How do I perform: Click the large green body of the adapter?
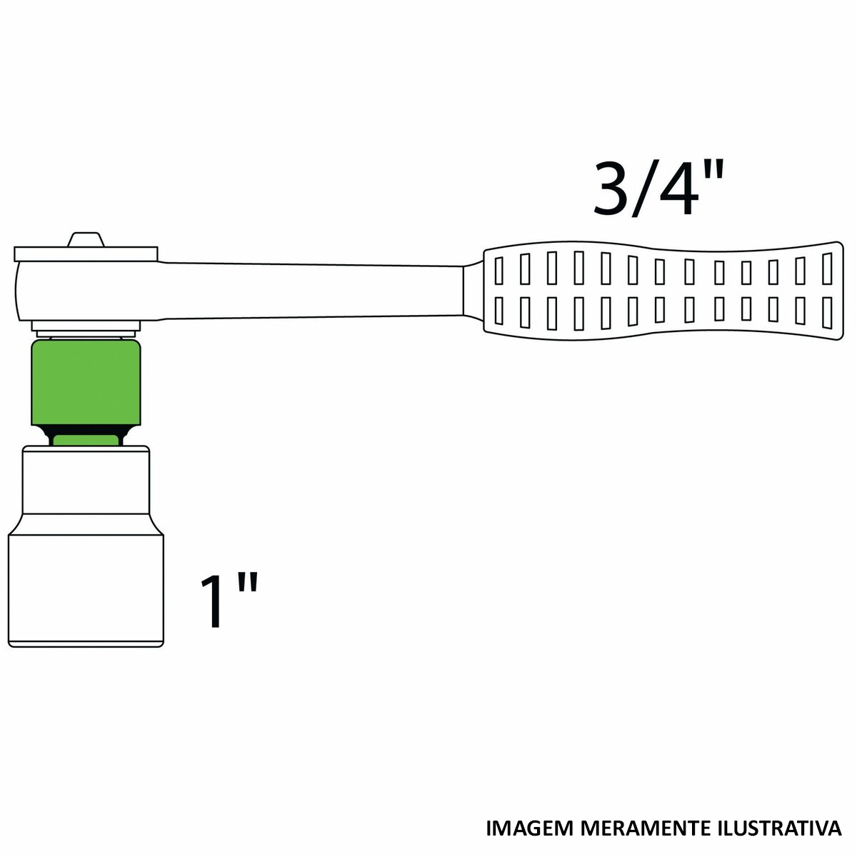pyautogui.click(x=86, y=382)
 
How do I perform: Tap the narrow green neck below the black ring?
pyautogui.click(x=86, y=440)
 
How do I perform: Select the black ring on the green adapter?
pyautogui.click(x=86, y=429)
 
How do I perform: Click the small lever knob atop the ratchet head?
pyautogui.click(x=86, y=239)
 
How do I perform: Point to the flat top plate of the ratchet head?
pyautogui.click(x=86, y=254)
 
